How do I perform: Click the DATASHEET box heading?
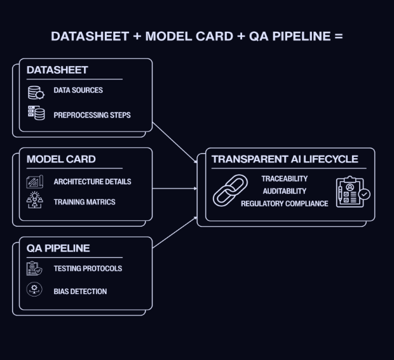click(57, 70)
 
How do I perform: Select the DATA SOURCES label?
click(78, 90)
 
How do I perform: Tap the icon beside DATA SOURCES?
click(36, 92)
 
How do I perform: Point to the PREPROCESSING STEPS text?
click(92, 115)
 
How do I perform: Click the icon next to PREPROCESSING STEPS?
click(36, 114)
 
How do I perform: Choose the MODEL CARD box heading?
click(61, 159)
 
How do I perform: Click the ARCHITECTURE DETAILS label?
click(92, 182)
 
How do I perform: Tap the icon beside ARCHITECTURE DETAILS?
click(35, 182)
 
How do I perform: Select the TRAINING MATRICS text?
click(85, 203)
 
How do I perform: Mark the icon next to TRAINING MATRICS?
click(35, 201)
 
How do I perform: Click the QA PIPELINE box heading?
click(58, 248)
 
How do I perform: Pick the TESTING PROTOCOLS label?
click(88, 269)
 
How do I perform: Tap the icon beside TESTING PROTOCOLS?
click(34, 269)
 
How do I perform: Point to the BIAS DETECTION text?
click(80, 291)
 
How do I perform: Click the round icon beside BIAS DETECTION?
click(34, 290)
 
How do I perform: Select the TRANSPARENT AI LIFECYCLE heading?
click(285, 159)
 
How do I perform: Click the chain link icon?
click(230, 190)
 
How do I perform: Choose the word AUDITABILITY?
click(285, 191)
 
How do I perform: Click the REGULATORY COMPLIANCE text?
click(285, 204)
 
